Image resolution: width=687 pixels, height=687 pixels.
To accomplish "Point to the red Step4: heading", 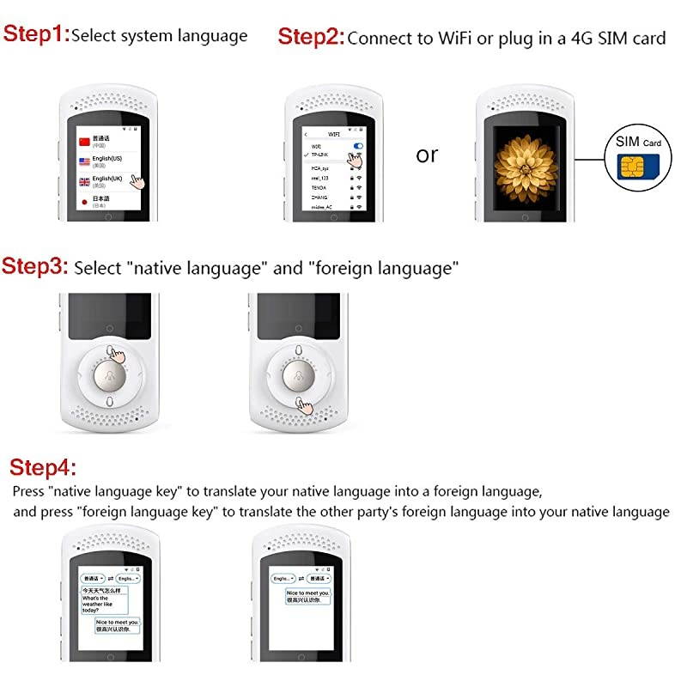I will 43,467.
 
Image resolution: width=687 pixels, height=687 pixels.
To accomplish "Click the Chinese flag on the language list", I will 83,141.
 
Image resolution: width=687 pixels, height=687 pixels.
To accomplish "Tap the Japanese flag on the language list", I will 83,202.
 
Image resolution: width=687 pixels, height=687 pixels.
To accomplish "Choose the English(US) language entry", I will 112,161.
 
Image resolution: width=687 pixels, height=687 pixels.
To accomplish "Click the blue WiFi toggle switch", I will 358,147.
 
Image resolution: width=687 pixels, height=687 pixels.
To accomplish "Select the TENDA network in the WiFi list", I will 320,187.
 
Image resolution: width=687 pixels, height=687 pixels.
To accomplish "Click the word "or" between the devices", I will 427,155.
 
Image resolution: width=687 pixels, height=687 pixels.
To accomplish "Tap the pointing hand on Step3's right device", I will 303,404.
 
